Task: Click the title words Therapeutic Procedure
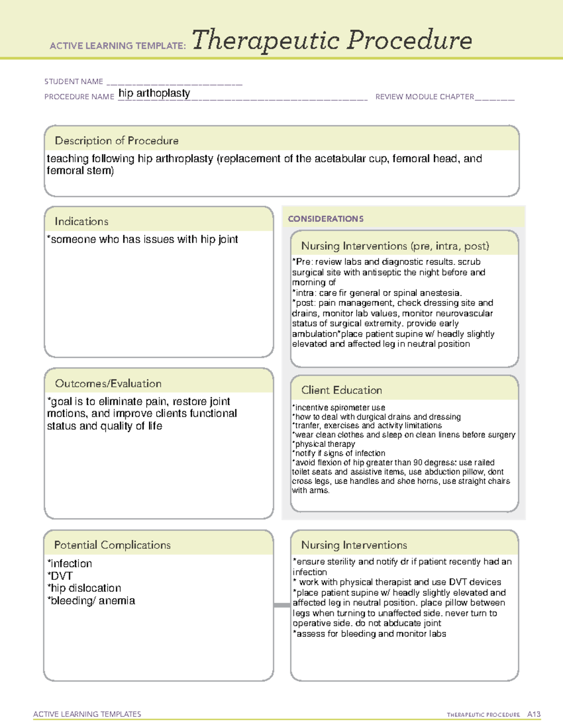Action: point(332,40)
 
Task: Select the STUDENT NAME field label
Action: point(74,82)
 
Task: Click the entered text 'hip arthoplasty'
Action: point(154,93)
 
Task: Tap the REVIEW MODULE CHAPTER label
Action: point(425,97)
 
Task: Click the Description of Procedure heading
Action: point(116,141)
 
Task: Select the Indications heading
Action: point(81,221)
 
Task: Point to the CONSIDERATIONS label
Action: point(326,219)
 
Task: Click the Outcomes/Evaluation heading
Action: point(108,383)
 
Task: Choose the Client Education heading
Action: point(341,390)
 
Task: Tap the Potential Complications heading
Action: point(112,545)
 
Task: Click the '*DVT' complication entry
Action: point(60,576)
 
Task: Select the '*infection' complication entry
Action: point(69,563)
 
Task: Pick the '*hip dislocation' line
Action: point(84,588)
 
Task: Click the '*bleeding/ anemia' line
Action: point(91,600)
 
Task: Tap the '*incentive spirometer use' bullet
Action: point(338,408)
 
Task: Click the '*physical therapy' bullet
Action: point(323,444)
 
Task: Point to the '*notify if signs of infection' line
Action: point(338,453)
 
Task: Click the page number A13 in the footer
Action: point(533,714)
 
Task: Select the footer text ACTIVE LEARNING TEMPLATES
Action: point(87,714)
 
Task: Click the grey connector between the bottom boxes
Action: point(282,605)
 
